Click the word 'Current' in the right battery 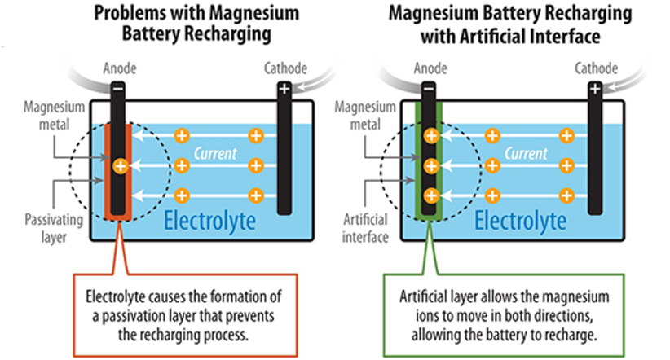(x=526, y=152)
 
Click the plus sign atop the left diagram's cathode (x=284, y=90)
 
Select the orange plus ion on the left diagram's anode (x=120, y=166)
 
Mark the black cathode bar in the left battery (x=284, y=155)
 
